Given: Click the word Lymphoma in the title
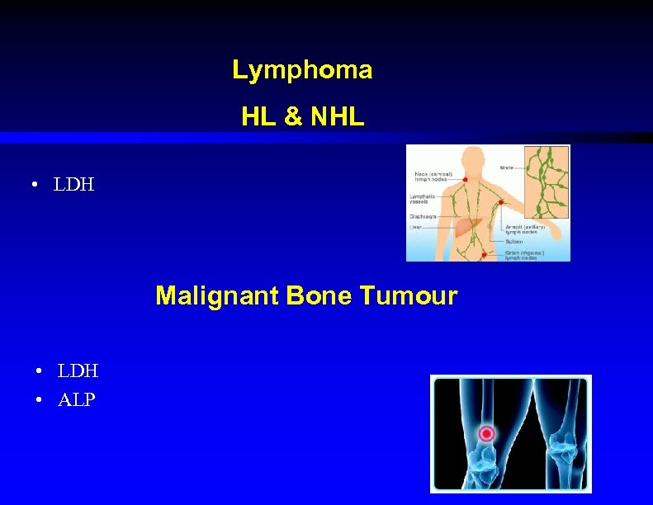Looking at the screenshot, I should click(x=302, y=71).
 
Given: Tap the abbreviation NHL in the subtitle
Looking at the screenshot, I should click(x=337, y=118).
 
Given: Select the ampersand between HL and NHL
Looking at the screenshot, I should click(x=292, y=118).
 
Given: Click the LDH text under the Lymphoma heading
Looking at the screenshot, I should click(x=74, y=185).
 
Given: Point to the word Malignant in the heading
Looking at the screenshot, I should click(x=217, y=295).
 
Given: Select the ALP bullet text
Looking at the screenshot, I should click(x=77, y=400).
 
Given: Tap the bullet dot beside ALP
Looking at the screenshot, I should click(x=40, y=401).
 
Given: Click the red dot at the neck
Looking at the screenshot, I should click(x=466, y=179).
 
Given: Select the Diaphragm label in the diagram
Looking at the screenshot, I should click(x=423, y=215).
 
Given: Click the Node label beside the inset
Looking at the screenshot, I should click(x=507, y=168).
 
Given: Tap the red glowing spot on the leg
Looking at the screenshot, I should click(x=487, y=433).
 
